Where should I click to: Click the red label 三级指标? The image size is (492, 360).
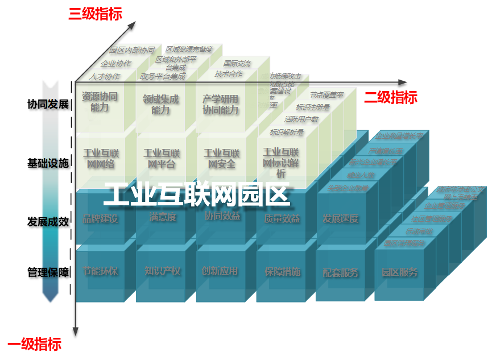pos(95,14)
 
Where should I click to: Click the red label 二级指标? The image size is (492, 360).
pos(390,98)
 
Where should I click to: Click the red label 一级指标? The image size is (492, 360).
pos(34,344)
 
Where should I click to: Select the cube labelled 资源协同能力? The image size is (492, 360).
pos(100,102)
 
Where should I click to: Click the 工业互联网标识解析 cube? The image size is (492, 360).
pos(281,162)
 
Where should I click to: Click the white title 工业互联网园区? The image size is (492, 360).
pos(197,195)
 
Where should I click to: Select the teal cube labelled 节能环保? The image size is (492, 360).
pos(100,272)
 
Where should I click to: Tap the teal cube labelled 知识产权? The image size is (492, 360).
pos(163,272)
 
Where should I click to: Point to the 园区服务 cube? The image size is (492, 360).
pos(399,273)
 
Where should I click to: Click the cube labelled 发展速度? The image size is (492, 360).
pos(340,219)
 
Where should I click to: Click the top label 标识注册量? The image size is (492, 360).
pos(313,107)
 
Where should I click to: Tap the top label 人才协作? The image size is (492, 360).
pos(105,76)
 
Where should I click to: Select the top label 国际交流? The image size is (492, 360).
pos(237,64)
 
